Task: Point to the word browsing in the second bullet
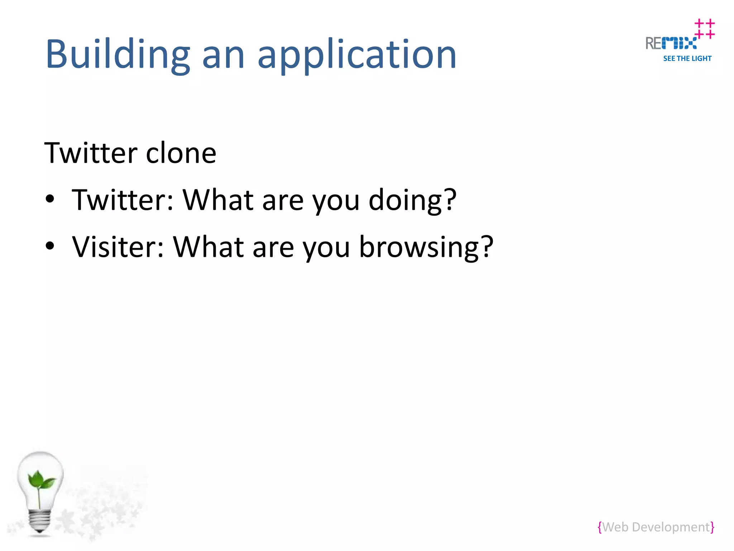(419, 248)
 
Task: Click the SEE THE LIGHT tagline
(687, 58)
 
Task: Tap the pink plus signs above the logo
(705, 29)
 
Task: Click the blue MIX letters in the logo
(679, 43)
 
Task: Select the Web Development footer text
(656, 527)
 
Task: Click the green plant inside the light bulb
(41, 481)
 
